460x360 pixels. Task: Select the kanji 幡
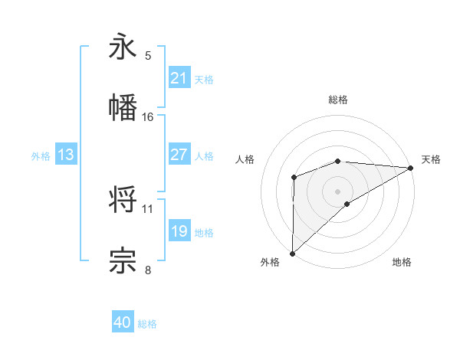point(123,108)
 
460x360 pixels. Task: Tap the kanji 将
point(123,199)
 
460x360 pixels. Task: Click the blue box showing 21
point(179,78)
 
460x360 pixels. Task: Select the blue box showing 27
point(179,155)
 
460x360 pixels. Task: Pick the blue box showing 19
point(179,231)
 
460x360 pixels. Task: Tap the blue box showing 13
point(66,155)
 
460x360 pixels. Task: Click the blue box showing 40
point(123,323)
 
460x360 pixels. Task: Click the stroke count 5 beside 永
point(148,56)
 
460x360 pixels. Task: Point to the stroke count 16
point(148,117)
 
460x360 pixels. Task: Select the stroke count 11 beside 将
point(148,208)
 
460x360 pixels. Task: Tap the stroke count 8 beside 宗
point(148,270)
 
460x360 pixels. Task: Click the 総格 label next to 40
point(147,324)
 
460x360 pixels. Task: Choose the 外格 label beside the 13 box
point(41,155)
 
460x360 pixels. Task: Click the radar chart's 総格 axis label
point(337,100)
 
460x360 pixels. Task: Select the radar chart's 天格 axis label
point(432,159)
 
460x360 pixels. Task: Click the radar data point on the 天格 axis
point(411,167)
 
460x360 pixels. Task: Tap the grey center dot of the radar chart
point(337,191)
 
